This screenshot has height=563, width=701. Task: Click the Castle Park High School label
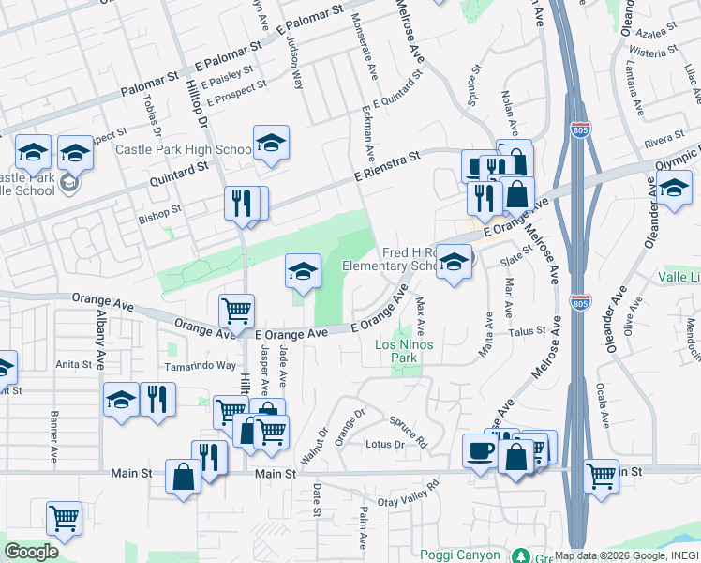point(183,149)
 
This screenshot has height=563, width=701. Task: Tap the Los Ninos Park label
point(408,351)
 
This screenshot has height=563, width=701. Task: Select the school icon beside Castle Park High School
point(270,144)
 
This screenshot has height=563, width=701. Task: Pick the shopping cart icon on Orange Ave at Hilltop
point(236,310)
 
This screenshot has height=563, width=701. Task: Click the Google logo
point(31,552)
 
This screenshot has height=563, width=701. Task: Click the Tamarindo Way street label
point(201,366)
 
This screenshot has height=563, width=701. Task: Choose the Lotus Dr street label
point(384,444)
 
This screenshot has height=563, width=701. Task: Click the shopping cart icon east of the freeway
point(601,475)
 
